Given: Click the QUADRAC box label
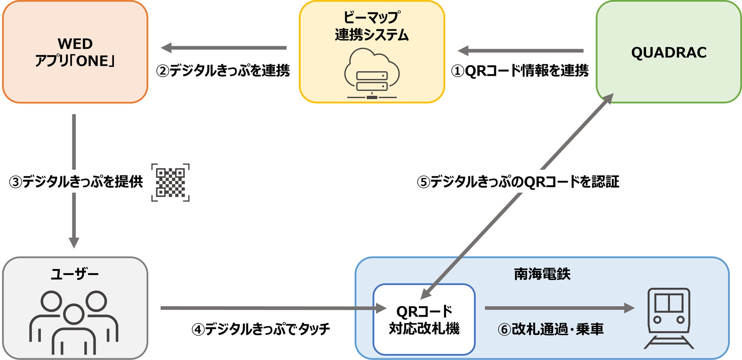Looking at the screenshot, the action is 669,53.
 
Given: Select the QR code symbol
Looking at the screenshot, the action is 170,183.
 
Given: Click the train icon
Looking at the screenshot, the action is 669,318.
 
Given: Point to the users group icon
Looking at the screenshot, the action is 74,323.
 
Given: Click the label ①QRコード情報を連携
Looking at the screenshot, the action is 520,71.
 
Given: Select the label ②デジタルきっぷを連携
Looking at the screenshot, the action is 223,71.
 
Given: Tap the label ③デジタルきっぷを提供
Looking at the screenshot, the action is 76,182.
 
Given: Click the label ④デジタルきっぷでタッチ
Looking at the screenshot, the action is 261,329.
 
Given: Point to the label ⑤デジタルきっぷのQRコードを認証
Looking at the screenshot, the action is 518,182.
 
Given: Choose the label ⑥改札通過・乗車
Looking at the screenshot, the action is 551,329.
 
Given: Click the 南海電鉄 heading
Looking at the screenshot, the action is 542,274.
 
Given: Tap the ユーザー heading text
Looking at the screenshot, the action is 75,274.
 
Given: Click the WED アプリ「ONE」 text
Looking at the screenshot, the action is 75,53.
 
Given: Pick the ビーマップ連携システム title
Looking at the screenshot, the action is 372,26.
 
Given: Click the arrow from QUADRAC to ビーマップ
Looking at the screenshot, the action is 521,50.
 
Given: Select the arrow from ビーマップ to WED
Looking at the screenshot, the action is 224,48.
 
